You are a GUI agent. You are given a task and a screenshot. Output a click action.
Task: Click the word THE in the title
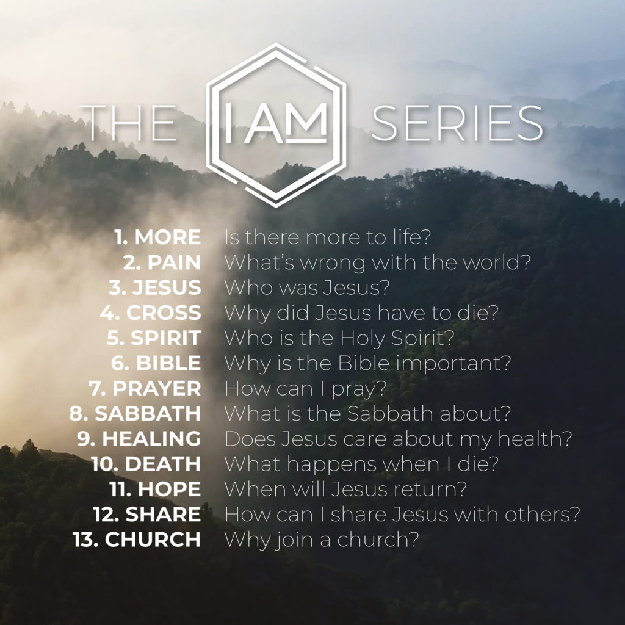[x=128, y=123]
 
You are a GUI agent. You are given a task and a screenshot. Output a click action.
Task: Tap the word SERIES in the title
[x=457, y=123]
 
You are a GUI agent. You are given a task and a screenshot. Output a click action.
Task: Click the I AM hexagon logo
[x=276, y=125]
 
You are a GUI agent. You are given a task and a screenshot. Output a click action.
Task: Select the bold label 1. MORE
[x=157, y=237]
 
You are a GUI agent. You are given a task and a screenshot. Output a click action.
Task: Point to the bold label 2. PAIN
[x=161, y=262]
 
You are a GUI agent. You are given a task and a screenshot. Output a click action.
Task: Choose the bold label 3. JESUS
[x=154, y=287]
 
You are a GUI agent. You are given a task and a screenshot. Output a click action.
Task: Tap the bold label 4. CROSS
[x=150, y=312]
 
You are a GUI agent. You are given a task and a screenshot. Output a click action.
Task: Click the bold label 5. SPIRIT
[x=154, y=338]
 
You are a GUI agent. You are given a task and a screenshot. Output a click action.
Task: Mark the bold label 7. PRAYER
[x=148, y=388]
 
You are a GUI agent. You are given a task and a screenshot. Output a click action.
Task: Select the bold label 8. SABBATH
[x=135, y=413]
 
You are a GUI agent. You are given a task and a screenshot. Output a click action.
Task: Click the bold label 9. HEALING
[x=139, y=438]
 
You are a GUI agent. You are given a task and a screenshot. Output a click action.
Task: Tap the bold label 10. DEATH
[x=146, y=464]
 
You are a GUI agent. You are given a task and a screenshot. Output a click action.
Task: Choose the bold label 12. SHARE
[x=147, y=514]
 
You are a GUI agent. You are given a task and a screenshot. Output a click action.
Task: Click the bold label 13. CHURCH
[x=137, y=540]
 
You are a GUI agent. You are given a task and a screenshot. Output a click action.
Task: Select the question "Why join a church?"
[x=321, y=540]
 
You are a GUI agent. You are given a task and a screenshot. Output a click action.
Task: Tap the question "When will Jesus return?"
[x=345, y=489]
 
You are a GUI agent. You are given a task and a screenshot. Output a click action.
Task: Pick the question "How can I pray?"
[x=306, y=388]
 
